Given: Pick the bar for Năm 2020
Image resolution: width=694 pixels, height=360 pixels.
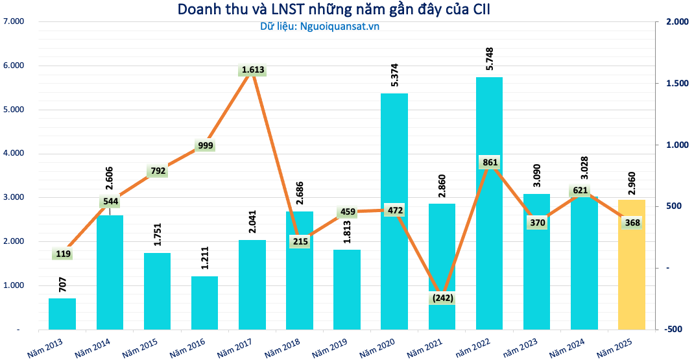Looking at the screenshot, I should (x=394, y=259).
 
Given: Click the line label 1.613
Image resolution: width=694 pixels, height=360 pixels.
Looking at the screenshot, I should (x=253, y=70).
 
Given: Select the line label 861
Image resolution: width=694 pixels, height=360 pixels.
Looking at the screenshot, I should (x=489, y=162).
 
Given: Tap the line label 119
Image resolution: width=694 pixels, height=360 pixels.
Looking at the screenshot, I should (x=63, y=254).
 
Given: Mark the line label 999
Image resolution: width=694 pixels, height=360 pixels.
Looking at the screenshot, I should (x=205, y=146).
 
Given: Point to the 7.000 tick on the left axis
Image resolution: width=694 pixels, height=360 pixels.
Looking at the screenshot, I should (x=14, y=21).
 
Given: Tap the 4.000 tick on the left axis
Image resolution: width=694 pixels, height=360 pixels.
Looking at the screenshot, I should (x=14, y=154).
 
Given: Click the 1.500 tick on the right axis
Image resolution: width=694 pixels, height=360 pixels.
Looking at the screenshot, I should (x=675, y=84).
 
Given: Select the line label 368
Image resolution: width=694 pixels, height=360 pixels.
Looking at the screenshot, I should (x=631, y=222).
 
